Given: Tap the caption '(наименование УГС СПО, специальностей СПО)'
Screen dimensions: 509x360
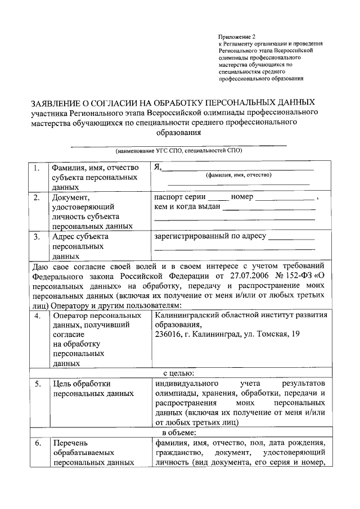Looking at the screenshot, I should [x=179, y=151].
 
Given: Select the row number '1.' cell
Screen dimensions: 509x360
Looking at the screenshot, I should [x=37, y=168].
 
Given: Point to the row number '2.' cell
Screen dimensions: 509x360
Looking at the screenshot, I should [x=37, y=198].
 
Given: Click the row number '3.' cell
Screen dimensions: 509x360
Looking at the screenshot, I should [x=37, y=237].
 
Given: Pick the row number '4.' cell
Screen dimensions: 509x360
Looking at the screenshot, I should [x=37, y=316].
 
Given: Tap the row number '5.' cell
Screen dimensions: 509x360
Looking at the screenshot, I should [x=37, y=384].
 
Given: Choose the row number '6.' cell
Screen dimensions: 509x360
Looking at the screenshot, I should [x=37, y=443].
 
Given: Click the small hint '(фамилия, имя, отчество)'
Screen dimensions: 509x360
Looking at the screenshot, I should [x=239, y=175].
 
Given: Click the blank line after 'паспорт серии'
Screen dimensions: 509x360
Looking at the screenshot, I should [x=218, y=199].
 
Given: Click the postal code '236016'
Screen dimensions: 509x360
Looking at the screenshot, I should [x=167, y=335].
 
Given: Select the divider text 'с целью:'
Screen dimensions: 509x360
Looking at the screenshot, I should [x=179, y=372].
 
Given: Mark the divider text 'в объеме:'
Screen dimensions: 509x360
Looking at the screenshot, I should [x=179, y=432].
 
